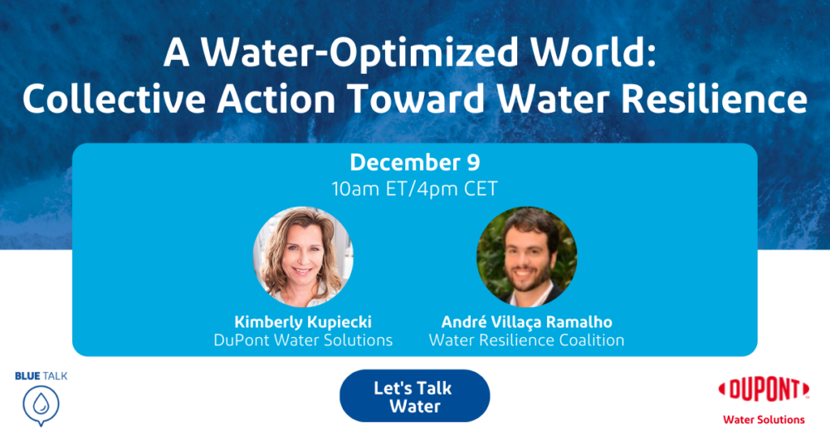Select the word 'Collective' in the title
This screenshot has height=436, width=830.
pyautogui.click(x=114, y=99)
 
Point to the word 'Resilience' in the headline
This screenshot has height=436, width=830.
pyautogui.click(x=714, y=99)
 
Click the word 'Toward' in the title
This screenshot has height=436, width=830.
pyautogui.click(x=417, y=99)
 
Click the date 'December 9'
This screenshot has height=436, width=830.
pyautogui.click(x=415, y=162)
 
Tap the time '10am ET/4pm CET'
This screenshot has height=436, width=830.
pyautogui.click(x=414, y=189)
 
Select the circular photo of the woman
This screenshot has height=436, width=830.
pyautogui.click(x=303, y=257)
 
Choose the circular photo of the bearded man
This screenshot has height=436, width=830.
pyautogui.click(x=527, y=257)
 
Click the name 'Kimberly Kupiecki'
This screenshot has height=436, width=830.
pyautogui.click(x=303, y=321)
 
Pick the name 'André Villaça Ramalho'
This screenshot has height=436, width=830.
pyautogui.click(x=527, y=322)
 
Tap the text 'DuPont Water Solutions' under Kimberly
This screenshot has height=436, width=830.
pyautogui.click(x=303, y=340)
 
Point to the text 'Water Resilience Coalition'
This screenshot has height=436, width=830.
pyautogui.click(x=527, y=340)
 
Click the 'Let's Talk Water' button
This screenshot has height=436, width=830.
pyautogui.click(x=414, y=396)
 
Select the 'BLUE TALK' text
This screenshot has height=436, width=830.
pyautogui.click(x=41, y=376)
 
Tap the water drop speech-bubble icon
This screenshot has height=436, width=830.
pyautogui.click(x=41, y=406)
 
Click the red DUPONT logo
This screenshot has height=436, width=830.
pyautogui.click(x=764, y=390)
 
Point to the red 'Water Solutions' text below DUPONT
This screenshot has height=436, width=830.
pyautogui.click(x=764, y=419)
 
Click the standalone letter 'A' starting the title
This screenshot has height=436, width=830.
pyautogui.click(x=176, y=52)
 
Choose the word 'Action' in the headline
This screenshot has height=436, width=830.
pyautogui.click(x=276, y=99)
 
